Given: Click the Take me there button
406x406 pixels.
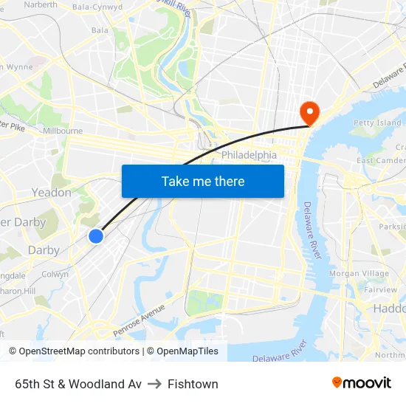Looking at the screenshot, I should [x=203, y=181].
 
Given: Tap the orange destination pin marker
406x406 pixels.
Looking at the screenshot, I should [x=309, y=113].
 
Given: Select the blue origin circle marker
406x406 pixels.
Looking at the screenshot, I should [x=96, y=235].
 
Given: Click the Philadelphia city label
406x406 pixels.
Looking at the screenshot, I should [x=249, y=156].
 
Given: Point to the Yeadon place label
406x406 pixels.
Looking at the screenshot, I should [x=51, y=193].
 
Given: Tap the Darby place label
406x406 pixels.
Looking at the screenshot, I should [x=44, y=250].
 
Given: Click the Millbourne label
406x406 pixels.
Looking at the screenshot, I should [x=63, y=131].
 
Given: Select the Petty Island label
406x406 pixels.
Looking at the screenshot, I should [x=377, y=123].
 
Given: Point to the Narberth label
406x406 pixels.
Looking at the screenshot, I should [x=41, y=4].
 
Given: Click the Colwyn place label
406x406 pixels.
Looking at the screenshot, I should [x=55, y=274].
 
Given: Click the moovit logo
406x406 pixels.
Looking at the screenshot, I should [x=362, y=383].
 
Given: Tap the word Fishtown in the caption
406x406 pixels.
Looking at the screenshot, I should [x=193, y=384].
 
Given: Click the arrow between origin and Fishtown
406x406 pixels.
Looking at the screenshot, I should [x=154, y=384].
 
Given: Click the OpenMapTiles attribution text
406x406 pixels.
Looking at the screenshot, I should [x=187, y=351].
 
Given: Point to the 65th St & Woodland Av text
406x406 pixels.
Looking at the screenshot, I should [x=78, y=384].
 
